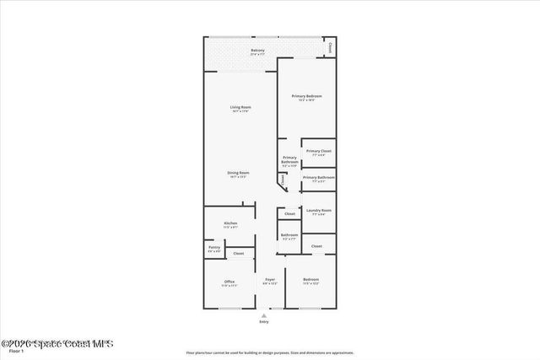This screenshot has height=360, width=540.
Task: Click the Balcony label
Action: click(x=258, y=51)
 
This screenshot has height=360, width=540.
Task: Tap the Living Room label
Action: click(x=241, y=107)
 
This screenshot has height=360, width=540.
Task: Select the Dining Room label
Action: click(x=238, y=173)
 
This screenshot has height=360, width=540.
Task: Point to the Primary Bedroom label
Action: click(x=307, y=96)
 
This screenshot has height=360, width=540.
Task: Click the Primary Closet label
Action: click(x=319, y=151)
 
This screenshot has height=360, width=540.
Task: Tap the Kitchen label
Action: click(x=230, y=223)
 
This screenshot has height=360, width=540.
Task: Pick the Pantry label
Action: click(x=214, y=247)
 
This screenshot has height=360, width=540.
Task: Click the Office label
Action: click(x=229, y=281)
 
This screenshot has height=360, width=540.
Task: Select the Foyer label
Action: click(x=270, y=279)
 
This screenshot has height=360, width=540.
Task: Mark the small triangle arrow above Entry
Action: click(x=264, y=314)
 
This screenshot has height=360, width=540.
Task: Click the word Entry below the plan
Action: click(x=264, y=322)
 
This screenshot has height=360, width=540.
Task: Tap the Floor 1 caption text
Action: click(x=15, y=351)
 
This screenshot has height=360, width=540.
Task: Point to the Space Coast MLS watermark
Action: click(x=57, y=344)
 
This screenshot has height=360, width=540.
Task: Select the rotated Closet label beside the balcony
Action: click(x=330, y=47)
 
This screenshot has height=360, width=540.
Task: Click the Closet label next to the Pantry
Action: click(x=239, y=253)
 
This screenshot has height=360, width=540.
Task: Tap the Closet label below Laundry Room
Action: click(x=316, y=246)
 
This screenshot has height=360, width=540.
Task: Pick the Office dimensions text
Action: click(x=229, y=286)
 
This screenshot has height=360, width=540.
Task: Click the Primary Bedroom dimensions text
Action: click(x=307, y=100)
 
